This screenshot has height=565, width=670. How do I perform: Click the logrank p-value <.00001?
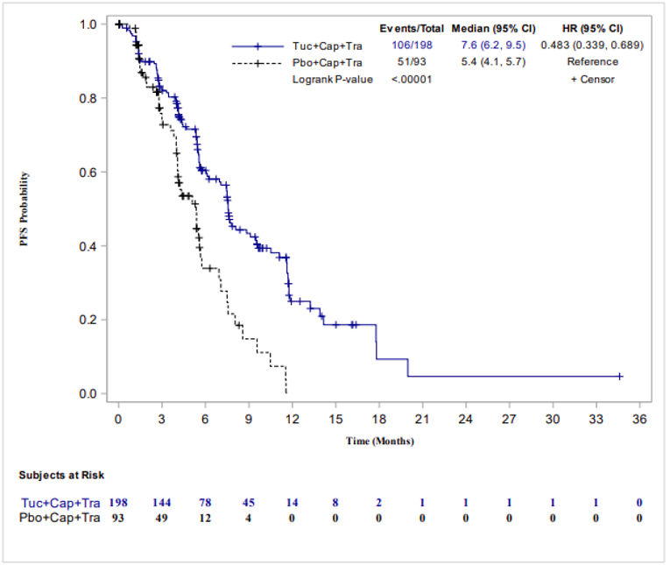[x=410, y=79]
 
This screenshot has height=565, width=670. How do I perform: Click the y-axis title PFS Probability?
[x=25, y=209]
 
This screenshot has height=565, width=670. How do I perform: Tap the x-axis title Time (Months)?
[x=379, y=441]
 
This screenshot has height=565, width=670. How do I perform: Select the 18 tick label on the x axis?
[x=378, y=419]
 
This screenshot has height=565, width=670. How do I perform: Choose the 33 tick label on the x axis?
[x=596, y=419]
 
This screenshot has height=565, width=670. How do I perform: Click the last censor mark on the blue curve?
[x=619, y=376]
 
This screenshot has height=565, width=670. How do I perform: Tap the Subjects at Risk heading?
[x=62, y=476]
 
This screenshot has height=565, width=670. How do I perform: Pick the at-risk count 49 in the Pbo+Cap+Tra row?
[x=161, y=518]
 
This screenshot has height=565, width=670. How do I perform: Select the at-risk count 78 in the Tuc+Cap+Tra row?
[x=205, y=504]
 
